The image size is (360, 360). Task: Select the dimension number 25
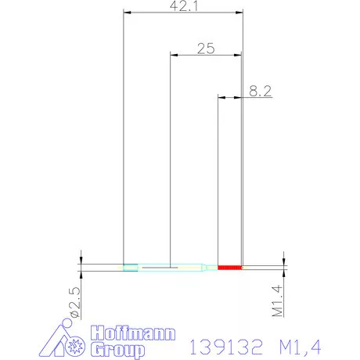(206, 49)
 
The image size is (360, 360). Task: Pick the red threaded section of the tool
(229, 268)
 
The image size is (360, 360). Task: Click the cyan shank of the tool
(168, 268)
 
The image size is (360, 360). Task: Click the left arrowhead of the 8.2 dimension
(221, 98)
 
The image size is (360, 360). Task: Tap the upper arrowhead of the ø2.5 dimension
(81, 258)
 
